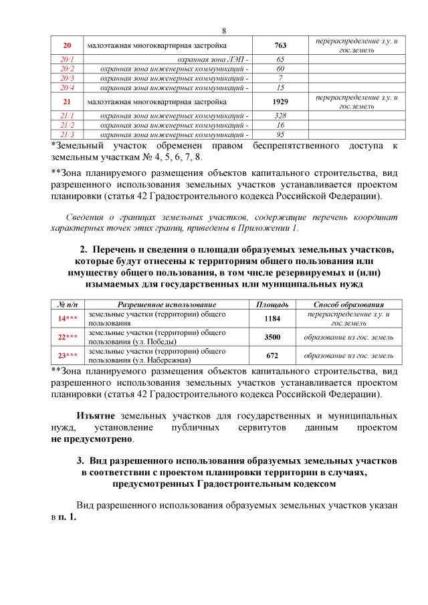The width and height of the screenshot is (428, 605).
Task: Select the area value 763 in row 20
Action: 280,45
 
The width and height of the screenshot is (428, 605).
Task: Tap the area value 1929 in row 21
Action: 280,102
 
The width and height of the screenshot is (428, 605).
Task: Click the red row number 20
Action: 67,45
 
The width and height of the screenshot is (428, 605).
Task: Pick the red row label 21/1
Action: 67,116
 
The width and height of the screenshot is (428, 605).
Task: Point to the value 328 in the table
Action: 280,116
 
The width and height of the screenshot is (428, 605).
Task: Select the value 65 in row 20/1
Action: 280,59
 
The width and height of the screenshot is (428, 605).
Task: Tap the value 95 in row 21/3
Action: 280,134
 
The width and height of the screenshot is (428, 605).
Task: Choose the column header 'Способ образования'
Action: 348,305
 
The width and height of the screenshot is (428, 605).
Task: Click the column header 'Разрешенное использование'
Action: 163,305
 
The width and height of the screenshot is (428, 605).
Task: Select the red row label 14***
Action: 67,318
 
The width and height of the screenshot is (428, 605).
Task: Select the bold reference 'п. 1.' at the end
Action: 68,518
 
